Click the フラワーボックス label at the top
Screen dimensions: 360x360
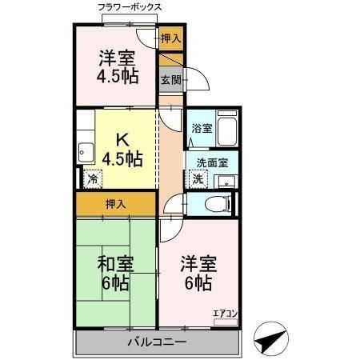129,7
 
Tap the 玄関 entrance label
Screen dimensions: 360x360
168,79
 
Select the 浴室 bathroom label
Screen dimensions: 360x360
201,128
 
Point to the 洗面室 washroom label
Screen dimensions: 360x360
211,162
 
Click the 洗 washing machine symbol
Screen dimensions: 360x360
198,178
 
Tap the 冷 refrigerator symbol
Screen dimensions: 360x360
94,179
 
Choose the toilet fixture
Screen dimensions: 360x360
214,203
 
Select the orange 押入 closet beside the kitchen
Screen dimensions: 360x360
116,204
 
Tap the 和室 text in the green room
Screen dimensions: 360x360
116,263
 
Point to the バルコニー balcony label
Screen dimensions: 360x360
157,342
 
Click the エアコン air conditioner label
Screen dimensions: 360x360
224,314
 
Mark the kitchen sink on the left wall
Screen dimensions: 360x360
86,152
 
